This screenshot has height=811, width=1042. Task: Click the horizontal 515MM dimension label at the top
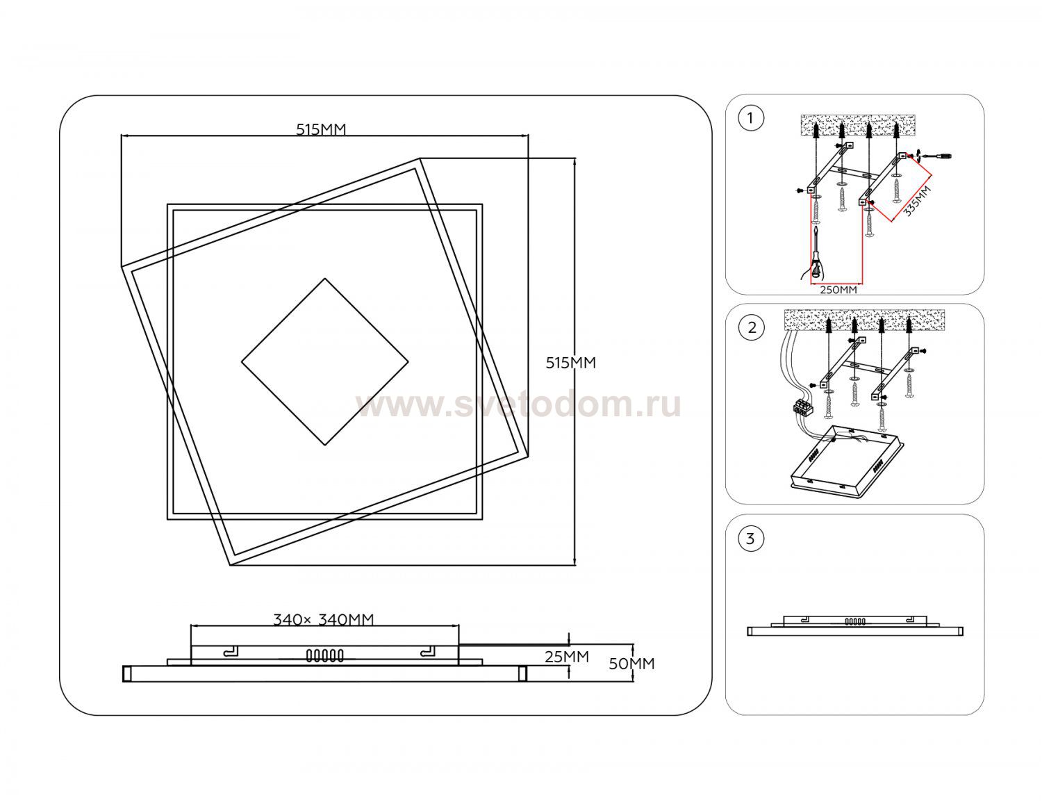point(321,129)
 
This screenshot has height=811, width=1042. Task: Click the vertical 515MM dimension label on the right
point(570,363)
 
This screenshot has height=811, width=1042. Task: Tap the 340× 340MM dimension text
point(323,620)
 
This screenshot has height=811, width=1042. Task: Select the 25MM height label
point(567,657)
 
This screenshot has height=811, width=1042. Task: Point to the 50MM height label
point(631,664)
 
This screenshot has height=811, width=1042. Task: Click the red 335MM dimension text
point(917,201)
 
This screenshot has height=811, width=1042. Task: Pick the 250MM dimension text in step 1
point(838,290)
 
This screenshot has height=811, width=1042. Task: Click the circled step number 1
point(751,118)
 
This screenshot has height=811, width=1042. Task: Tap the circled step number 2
point(752,327)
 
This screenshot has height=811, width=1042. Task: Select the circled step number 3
point(751,539)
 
